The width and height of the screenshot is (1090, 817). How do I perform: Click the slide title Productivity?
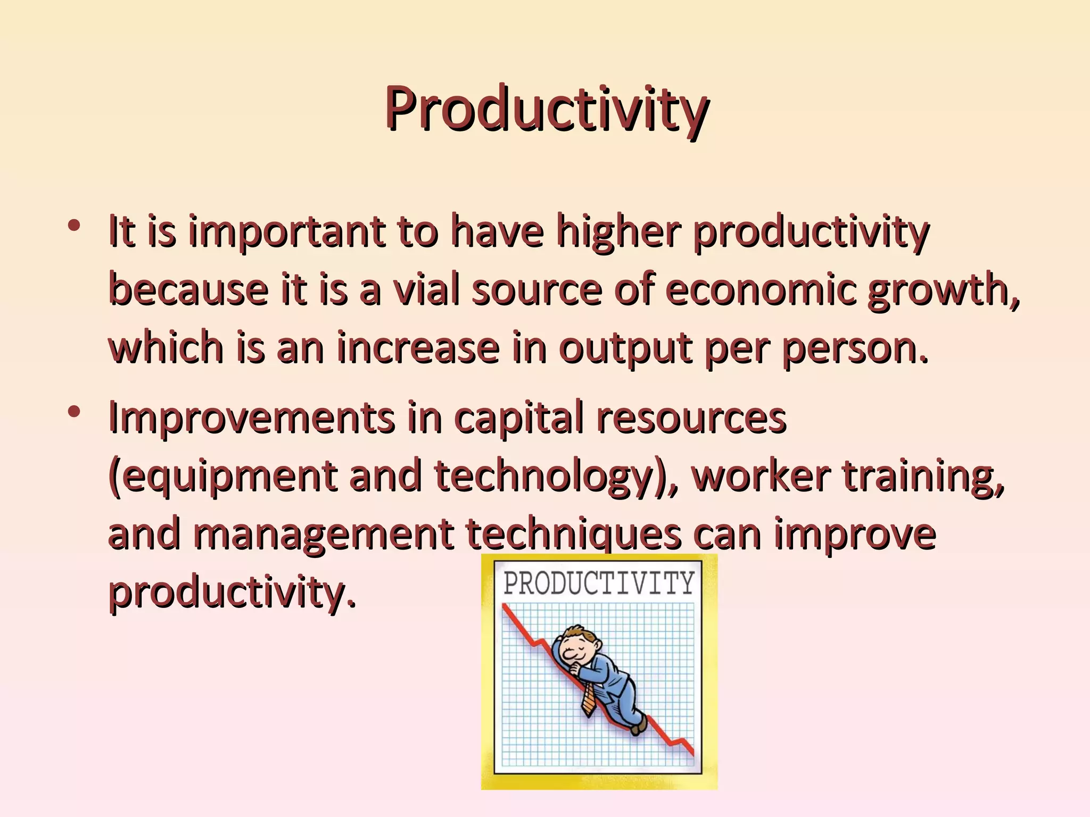tap(546, 109)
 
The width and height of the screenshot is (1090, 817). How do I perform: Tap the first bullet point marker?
tap(74, 226)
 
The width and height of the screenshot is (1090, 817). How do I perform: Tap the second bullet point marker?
tap(74, 412)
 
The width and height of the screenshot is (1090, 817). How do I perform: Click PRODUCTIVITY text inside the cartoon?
tap(598, 583)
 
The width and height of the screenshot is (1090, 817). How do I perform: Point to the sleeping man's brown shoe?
tap(638, 724)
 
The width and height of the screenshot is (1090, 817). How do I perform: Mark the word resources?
tap(691, 417)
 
